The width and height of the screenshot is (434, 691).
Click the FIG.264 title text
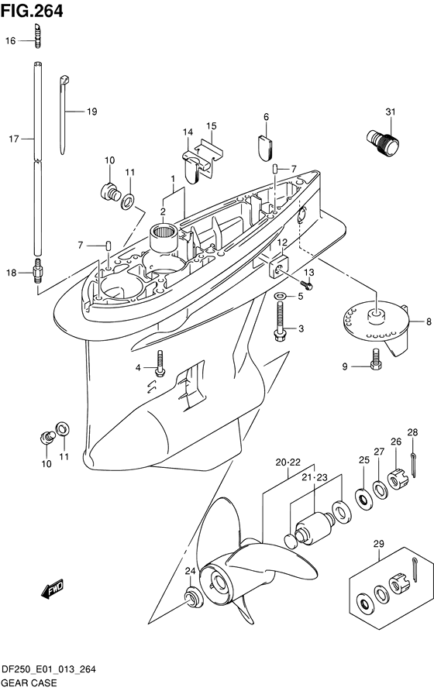coord(32,11)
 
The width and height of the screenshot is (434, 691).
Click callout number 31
coord(391,112)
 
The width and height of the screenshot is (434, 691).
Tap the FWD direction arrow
coord(53,590)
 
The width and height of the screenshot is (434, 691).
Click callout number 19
coord(91,112)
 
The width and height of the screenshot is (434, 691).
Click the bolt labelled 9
coord(375,359)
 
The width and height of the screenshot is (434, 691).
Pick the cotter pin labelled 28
coord(413,465)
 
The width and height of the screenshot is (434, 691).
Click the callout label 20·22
coord(288,462)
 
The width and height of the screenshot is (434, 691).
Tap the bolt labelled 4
coord(160,363)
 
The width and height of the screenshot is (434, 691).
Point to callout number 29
coord(379,544)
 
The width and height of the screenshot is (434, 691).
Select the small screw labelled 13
coord(307,286)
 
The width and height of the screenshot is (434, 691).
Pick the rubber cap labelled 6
coord(265,145)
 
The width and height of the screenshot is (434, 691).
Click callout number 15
coord(212,126)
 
